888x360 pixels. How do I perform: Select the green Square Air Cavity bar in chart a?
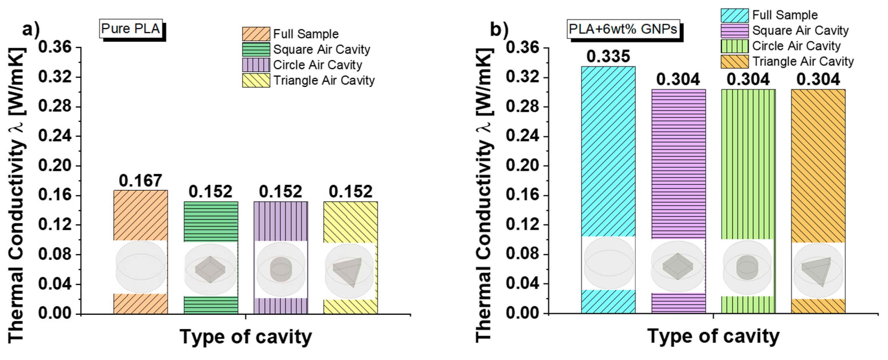[x=210, y=221]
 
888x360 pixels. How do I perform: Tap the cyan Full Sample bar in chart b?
[x=608, y=152]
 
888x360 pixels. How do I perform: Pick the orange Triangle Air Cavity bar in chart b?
[x=818, y=165]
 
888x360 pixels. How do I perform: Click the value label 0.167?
[x=140, y=181]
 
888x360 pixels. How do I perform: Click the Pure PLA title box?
[x=131, y=29]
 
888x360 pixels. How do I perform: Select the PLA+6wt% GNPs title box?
[x=623, y=29]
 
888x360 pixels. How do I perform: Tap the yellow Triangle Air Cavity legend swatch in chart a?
[x=256, y=80]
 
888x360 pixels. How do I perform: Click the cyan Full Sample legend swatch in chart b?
[x=735, y=15]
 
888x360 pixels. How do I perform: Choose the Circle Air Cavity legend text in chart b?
[x=796, y=46]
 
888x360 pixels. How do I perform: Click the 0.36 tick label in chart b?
[x=522, y=48]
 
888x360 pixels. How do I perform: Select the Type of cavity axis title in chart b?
[x=713, y=336]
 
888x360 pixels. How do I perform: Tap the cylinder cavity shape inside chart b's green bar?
[x=747, y=267]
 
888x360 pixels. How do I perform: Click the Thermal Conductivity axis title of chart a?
[x=17, y=195]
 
